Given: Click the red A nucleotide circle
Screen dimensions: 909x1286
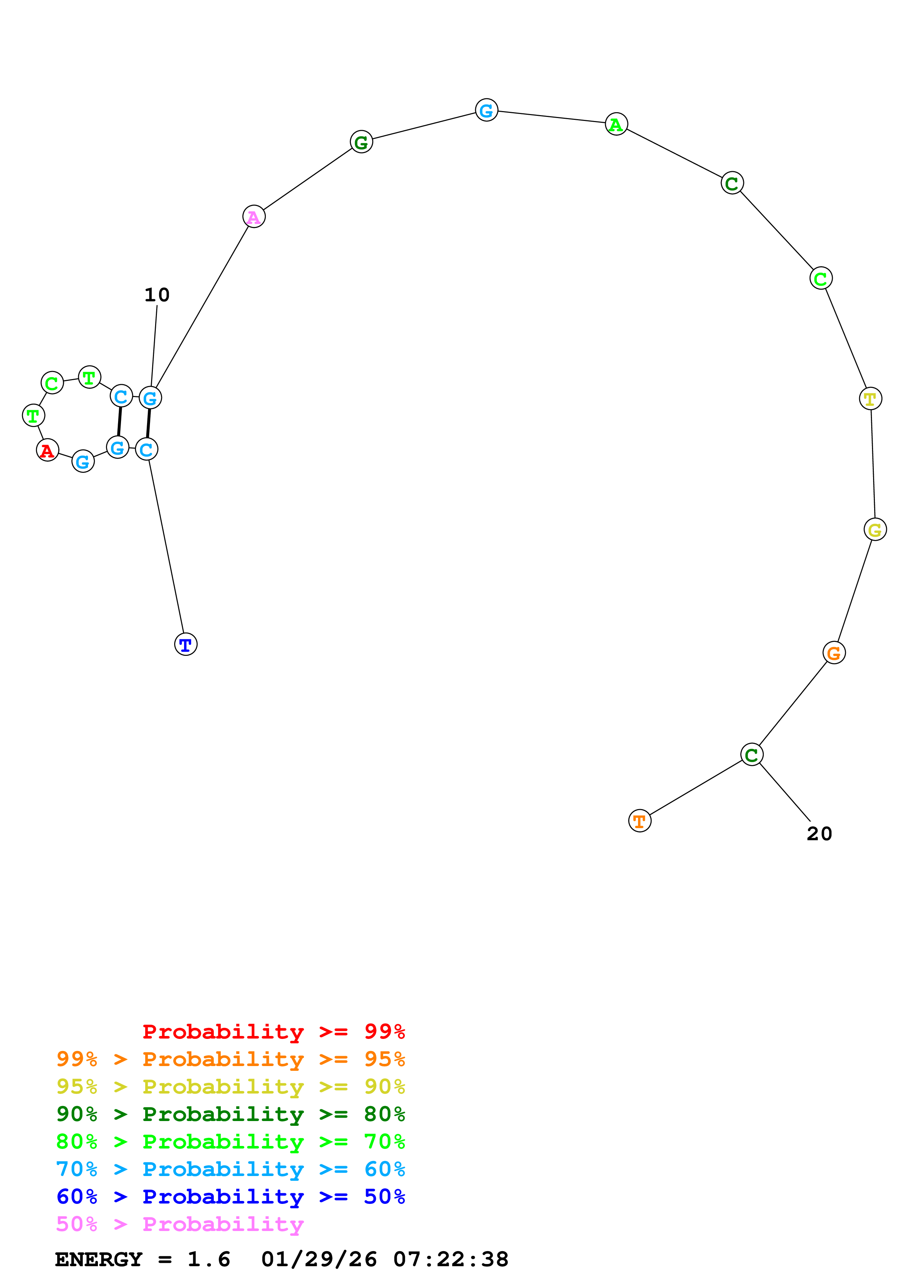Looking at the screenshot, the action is coord(48,450).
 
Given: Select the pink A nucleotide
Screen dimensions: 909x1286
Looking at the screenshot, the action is coord(254,217).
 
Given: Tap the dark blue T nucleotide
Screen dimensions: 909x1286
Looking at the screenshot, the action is coord(186,645).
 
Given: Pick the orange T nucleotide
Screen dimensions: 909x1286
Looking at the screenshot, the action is coord(639,821).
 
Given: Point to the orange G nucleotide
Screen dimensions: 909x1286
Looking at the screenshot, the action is coord(834,653).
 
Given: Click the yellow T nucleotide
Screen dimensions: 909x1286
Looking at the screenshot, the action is coord(870,399).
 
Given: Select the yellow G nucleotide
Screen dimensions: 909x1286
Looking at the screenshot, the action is coord(875,529).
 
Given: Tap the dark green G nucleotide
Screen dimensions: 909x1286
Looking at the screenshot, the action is coord(361,142).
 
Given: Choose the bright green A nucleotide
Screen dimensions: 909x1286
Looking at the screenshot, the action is coord(616,124).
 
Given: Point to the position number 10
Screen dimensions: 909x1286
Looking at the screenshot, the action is coord(157,295).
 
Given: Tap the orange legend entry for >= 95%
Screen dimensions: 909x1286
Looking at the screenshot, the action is coord(231,1059).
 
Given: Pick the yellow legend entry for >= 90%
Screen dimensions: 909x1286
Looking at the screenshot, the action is coord(231,1087).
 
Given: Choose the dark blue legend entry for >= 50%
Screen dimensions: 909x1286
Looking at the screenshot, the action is coord(231,1197).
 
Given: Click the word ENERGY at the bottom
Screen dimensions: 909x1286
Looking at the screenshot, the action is coord(99,1260).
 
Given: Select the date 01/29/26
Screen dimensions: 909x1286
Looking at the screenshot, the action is coord(319,1260).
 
